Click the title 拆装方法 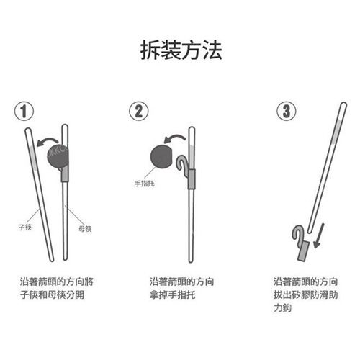click(x=181, y=50)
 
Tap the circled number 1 click(x=24, y=112)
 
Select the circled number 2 click(x=139, y=111)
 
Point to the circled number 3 click(x=287, y=111)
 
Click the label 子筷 click(x=25, y=227)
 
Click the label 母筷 click(x=85, y=228)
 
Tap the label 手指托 click(x=145, y=184)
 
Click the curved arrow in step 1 click(x=48, y=141)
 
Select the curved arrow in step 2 click(x=175, y=138)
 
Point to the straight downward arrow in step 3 click(x=319, y=235)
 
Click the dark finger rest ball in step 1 click(x=58, y=156)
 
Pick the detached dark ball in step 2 click(x=161, y=157)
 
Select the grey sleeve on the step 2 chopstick click(x=192, y=179)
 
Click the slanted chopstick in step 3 click(x=328, y=168)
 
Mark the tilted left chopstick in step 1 click(x=40, y=194)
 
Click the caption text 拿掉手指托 click(x=172, y=294)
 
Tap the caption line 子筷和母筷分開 click(x=52, y=294)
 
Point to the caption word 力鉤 click(x=282, y=307)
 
